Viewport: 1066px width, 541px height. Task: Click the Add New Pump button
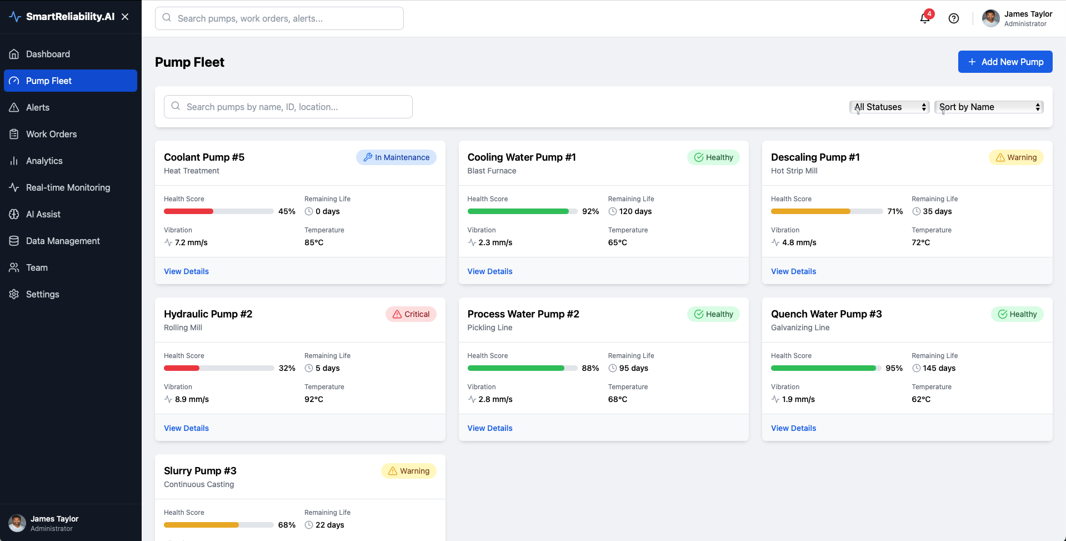click(x=1005, y=62)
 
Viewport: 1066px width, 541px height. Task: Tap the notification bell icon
click(x=925, y=18)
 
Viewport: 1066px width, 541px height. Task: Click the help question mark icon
click(x=954, y=18)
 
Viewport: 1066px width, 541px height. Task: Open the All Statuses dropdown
click(x=889, y=107)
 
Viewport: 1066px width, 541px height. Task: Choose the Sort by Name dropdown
click(x=989, y=107)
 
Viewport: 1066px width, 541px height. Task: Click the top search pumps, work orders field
click(x=279, y=18)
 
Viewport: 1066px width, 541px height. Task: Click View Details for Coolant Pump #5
click(x=186, y=271)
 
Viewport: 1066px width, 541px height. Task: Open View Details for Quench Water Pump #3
click(x=793, y=428)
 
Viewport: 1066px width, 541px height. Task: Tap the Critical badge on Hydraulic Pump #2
click(x=411, y=314)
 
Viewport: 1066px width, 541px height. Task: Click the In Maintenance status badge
click(x=396, y=157)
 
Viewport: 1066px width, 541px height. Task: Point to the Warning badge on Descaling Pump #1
click(x=1016, y=157)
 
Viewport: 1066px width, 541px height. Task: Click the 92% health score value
click(x=590, y=211)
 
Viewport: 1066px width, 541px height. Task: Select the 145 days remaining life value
click(x=939, y=368)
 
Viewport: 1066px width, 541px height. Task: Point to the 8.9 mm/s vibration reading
click(x=192, y=399)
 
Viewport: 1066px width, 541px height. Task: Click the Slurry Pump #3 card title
click(x=200, y=471)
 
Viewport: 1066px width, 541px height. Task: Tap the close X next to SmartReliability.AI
click(x=125, y=17)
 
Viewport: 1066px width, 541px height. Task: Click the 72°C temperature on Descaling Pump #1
click(x=920, y=242)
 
